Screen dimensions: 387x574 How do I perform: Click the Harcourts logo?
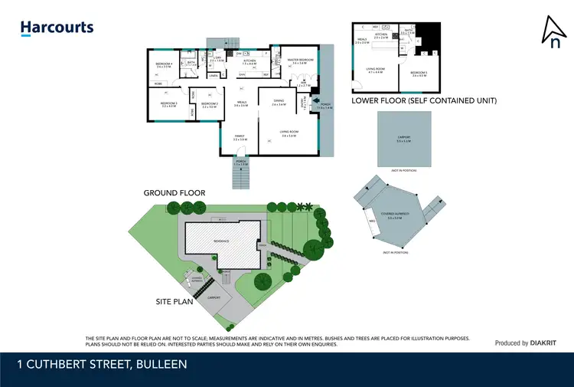tap(57, 28)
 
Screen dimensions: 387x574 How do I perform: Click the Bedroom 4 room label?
tap(164, 64)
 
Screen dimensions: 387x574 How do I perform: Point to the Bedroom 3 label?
tap(168, 104)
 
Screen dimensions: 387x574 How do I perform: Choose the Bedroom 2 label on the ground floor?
tap(210, 105)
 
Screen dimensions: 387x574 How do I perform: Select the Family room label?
tap(242, 138)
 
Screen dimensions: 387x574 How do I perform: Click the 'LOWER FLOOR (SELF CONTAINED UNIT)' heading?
tap(423, 100)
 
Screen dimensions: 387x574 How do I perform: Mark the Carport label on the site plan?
tap(214, 297)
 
